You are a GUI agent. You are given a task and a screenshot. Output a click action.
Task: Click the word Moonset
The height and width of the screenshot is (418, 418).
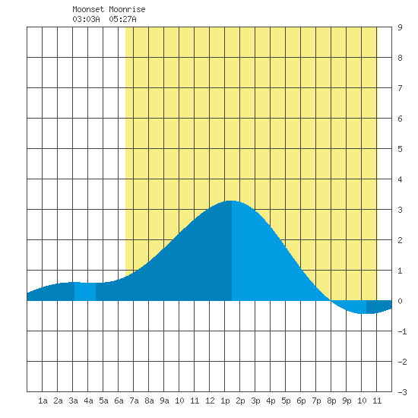(x=88, y=9)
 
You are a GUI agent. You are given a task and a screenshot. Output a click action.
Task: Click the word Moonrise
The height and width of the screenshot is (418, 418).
(x=127, y=9)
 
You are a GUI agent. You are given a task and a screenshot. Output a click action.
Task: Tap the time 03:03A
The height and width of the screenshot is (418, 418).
(x=86, y=19)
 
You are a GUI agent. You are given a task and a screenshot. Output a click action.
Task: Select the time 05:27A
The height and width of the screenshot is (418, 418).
(x=122, y=19)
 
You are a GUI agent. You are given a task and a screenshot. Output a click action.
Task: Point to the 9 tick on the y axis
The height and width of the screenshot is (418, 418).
(x=400, y=27)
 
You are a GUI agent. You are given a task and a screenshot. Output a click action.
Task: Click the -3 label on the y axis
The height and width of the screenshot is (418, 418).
(x=402, y=392)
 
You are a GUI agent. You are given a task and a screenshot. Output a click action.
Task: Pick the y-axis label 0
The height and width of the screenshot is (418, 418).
(x=400, y=301)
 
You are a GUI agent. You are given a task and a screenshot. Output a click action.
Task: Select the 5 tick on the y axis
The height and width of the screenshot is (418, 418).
(x=400, y=149)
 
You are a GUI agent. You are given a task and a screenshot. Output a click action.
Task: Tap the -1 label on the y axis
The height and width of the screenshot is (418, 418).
(x=402, y=331)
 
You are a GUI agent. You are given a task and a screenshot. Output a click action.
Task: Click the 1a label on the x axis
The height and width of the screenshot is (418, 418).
(x=43, y=401)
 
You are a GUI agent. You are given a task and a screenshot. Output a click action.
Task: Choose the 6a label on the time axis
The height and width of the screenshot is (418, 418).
(x=119, y=401)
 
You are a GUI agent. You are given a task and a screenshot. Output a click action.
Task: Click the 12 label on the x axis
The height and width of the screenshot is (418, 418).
(x=210, y=401)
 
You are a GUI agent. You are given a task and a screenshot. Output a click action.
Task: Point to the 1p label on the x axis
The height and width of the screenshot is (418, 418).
(x=225, y=401)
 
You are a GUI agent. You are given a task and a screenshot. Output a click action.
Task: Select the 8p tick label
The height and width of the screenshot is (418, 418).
(x=331, y=401)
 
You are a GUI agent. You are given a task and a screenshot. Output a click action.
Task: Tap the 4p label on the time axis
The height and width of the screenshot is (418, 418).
(x=271, y=401)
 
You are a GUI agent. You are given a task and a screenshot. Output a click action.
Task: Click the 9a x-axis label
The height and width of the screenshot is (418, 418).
(x=164, y=401)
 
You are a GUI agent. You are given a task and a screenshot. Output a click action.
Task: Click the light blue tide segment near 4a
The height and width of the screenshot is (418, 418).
(x=85, y=291)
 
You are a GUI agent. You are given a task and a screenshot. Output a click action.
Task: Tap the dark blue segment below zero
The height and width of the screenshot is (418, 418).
(x=378, y=307)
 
